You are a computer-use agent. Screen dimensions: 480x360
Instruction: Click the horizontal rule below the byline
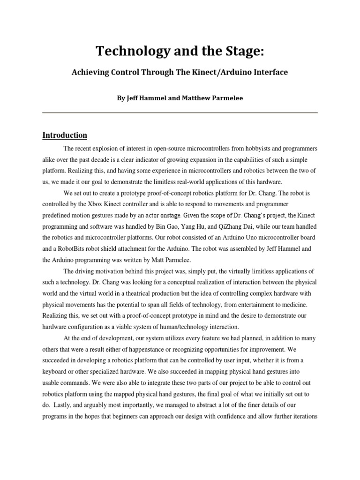pos(180,112)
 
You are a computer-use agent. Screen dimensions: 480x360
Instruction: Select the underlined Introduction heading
pos(65,135)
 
